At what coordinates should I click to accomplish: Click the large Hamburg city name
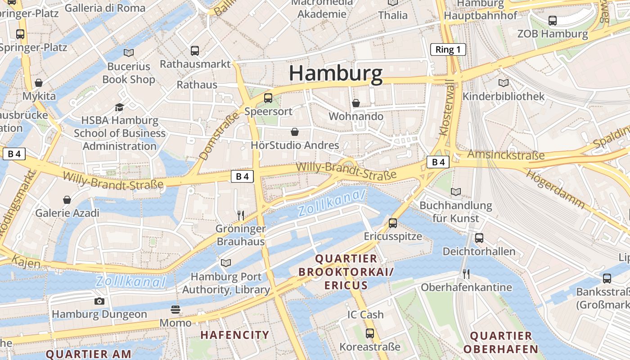coord(336,73)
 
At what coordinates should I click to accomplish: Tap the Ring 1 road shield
coord(448,49)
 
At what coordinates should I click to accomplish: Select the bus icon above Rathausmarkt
coord(195,50)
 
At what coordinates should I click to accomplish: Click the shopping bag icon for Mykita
coord(39,83)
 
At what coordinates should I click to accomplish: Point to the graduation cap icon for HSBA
coord(119,107)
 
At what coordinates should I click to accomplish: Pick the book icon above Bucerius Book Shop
coord(129,53)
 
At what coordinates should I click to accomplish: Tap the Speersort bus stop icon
coord(268,98)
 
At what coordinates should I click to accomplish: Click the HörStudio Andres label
coord(295,145)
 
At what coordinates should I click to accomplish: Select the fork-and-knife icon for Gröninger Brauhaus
coord(240,215)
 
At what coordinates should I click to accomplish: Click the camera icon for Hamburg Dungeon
coord(99,301)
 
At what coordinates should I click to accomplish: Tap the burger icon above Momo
coord(175,310)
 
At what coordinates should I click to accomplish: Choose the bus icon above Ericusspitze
coord(393,223)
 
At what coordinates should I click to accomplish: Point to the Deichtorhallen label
coord(479,251)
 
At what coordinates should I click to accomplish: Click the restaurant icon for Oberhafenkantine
coord(466,274)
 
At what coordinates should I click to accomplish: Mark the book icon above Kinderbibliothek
coord(504,83)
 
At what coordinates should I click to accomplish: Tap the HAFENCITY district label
coord(234,335)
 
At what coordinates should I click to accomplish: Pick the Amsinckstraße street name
coord(505,155)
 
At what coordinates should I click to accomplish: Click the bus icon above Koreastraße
coord(370,333)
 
